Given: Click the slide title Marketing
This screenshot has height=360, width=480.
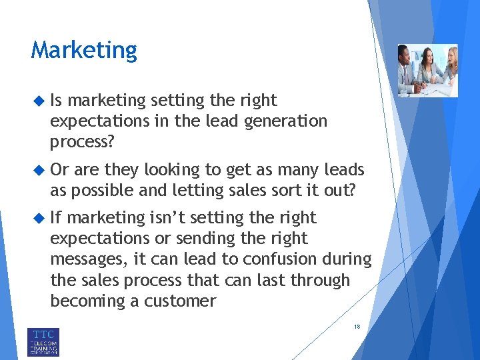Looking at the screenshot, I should (84, 51).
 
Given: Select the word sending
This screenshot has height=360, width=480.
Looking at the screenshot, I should (213, 238).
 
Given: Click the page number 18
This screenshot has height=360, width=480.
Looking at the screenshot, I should (357, 327).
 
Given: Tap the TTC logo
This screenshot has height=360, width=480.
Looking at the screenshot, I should (43, 341).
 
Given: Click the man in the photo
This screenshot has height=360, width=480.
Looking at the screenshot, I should (408, 70).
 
